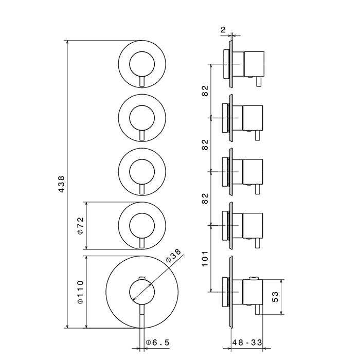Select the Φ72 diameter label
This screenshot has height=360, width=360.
(x=80, y=225)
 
